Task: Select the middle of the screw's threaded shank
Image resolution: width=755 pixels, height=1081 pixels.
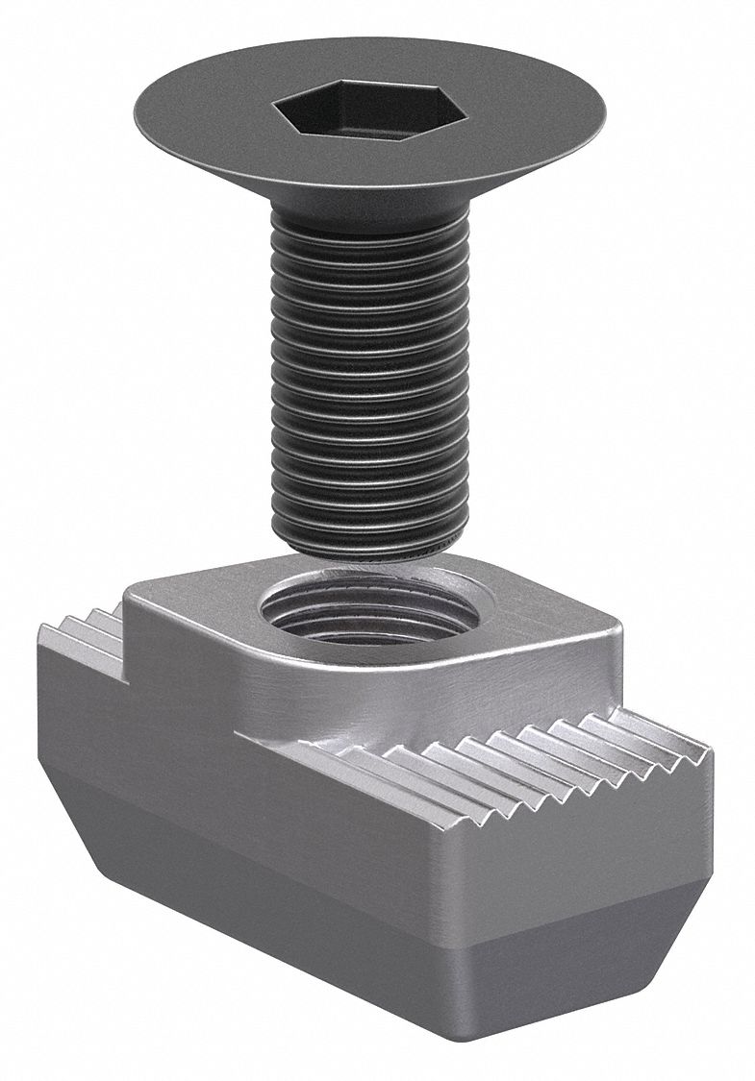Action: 369,384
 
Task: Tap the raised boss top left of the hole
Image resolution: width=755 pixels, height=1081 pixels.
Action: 192,586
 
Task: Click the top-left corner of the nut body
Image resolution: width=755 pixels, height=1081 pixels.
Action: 42,629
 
